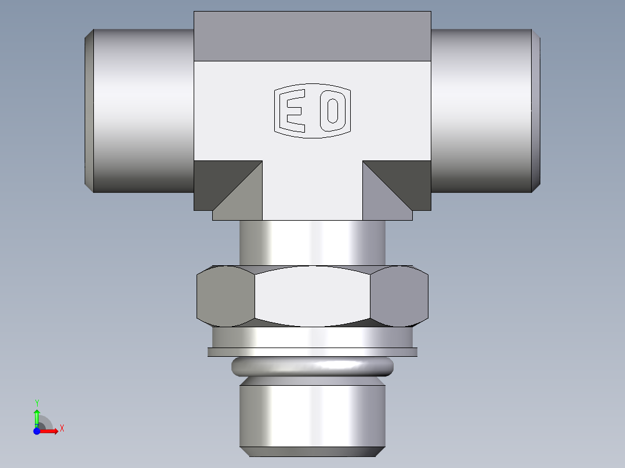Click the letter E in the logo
[x=292, y=111]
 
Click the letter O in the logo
[x=332, y=111]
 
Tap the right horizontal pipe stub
[x=481, y=110]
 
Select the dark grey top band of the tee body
[x=312, y=36]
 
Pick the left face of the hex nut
[x=225, y=295]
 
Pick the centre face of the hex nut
[x=312, y=295]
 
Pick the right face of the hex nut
[x=399, y=295]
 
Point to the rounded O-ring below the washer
[x=312, y=367]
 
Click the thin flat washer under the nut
[x=312, y=352]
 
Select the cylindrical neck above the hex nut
[x=312, y=243]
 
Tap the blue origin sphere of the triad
[x=37, y=432]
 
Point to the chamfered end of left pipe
[x=89, y=110]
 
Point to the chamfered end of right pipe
[x=537, y=110]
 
